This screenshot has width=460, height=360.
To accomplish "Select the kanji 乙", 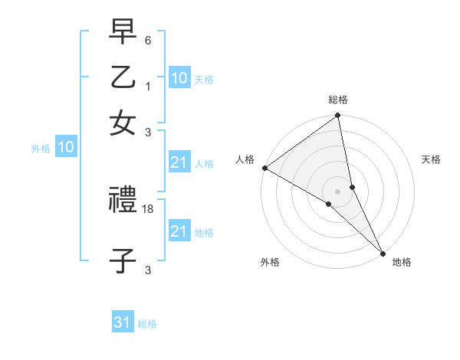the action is (123, 79).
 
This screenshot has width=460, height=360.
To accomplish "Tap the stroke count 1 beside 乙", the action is (148, 84).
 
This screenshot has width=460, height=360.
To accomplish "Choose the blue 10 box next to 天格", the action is (179, 78).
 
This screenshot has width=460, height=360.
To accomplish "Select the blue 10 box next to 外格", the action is (66, 149).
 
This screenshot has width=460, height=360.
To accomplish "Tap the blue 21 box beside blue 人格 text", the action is (179, 162).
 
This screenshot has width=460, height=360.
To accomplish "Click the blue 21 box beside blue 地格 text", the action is (179, 231).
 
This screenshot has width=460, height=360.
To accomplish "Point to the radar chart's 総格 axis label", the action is (338, 100).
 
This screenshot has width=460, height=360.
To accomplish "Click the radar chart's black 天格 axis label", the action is (431, 159).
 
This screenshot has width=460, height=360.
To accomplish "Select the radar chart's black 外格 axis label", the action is (270, 262).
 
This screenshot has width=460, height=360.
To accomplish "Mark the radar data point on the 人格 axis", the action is (264, 168).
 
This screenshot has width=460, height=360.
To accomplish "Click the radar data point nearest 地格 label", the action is (383, 252).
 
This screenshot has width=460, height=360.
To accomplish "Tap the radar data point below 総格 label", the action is (338, 116).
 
